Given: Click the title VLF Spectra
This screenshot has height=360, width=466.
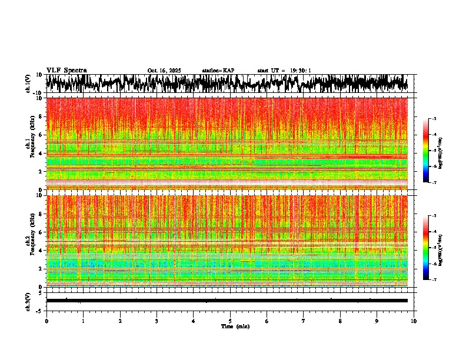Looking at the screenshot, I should tap(66, 71).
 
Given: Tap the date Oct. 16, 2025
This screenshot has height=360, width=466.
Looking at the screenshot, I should tap(164, 71).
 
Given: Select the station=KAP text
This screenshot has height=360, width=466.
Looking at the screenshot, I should tap(218, 71).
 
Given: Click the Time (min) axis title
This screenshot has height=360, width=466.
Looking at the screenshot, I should tap(235, 326).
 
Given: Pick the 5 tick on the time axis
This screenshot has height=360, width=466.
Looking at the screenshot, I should tap(230, 321).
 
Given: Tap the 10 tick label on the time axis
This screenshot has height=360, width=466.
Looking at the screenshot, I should tap(414, 321).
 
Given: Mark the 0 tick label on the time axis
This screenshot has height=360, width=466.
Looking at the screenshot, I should tap(46, 321).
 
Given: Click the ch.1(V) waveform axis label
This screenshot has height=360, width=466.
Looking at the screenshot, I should tap(28, 84).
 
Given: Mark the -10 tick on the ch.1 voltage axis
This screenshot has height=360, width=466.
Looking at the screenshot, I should tap(38, 93).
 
